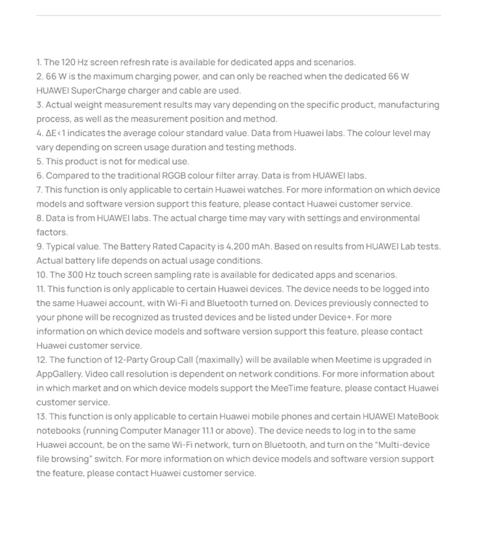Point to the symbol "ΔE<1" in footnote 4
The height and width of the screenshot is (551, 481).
tap(56, 133)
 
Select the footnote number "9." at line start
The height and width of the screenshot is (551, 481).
tap(40, 246)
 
